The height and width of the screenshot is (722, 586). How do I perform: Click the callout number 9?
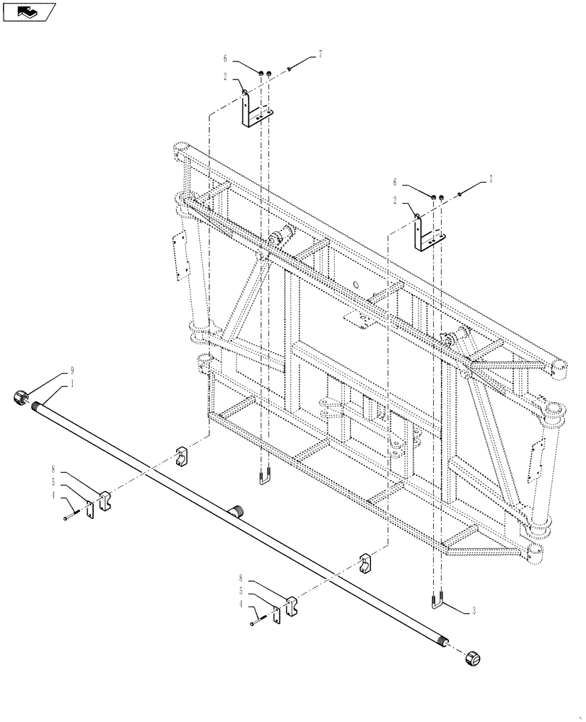71,371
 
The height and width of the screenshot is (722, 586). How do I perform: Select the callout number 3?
473,611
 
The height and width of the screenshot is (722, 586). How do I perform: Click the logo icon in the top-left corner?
28,12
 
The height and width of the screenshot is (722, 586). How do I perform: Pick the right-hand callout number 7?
491,179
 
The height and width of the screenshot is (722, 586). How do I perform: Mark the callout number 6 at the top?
225,58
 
